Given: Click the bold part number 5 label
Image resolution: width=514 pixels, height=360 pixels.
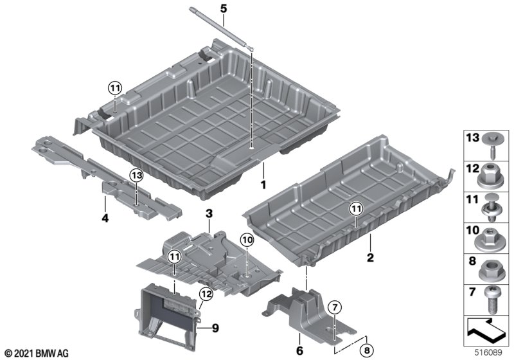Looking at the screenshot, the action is coord(223,8).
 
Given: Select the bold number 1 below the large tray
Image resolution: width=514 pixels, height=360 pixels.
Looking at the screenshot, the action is coord(263,185).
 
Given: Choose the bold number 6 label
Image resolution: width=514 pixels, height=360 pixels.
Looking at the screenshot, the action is coord(299,350).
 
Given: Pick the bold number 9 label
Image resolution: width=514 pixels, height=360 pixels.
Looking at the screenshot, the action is coord(215,328).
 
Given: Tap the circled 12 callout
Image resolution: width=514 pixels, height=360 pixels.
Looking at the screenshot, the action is coord(206,294).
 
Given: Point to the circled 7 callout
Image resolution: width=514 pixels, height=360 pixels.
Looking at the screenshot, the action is coord(334,307).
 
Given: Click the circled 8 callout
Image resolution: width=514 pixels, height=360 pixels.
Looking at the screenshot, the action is coord(367,350).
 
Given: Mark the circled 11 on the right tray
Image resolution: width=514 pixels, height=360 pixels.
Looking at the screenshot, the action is coord(357,208).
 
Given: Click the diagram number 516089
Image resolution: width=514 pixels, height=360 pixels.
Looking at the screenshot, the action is coord(489,352).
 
